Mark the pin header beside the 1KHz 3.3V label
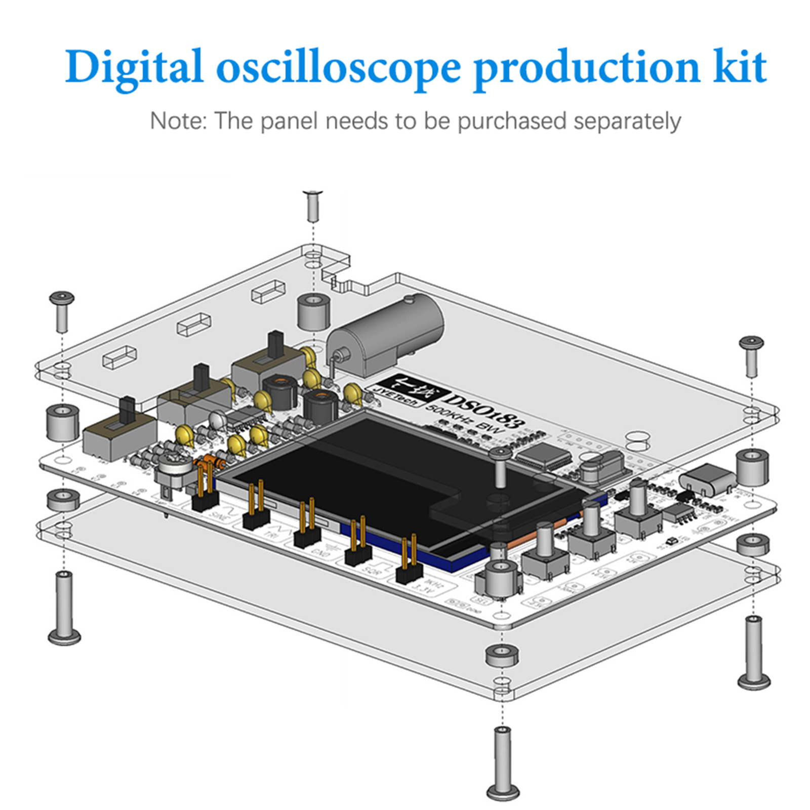click(409, 562)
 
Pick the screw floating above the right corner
click(751, 356)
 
